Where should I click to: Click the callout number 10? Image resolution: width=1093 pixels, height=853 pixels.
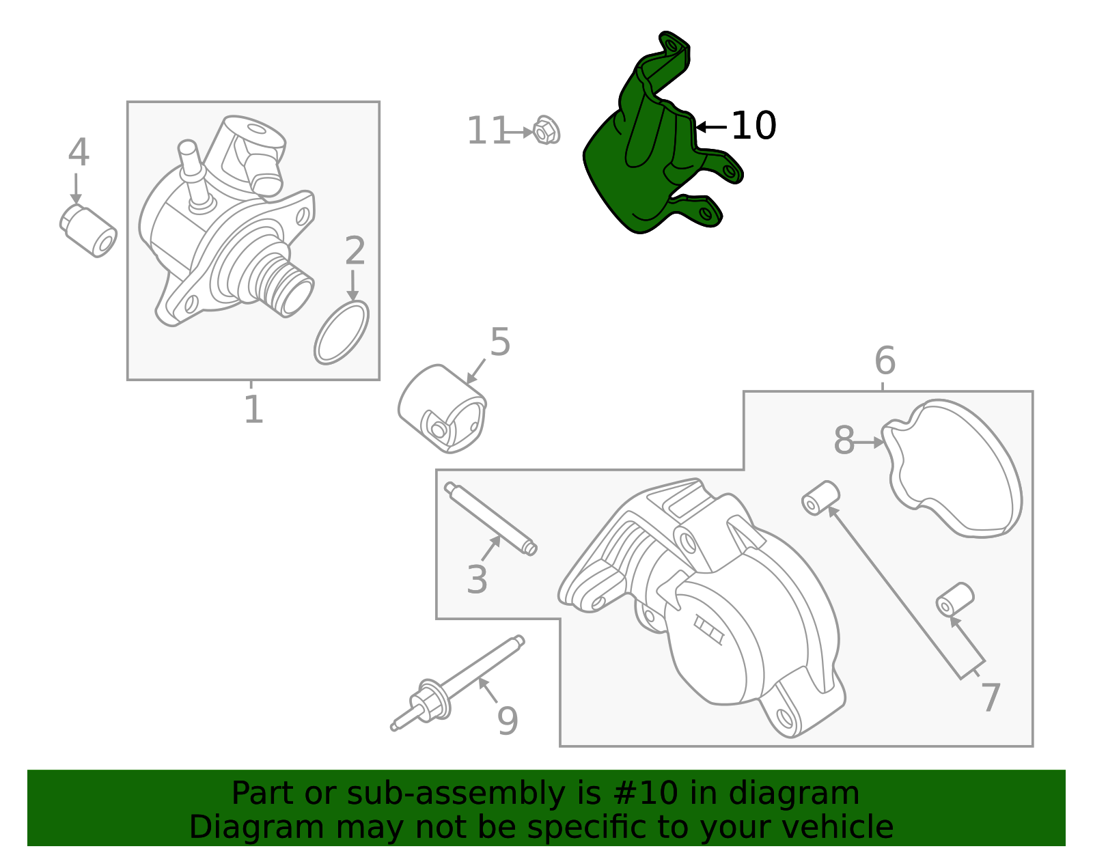pyautogui.click(x=753, y=125)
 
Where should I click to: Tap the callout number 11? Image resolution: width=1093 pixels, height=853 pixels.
pyautogui.click(x=488, y=130)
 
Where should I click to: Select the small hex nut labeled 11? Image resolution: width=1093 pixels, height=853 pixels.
pyautogui.click(x=546, y=130)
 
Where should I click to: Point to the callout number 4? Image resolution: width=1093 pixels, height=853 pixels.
pyautogui.click(x=79, y=152)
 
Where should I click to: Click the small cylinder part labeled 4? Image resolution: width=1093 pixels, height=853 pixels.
pyautogui.click(x=89, y=231)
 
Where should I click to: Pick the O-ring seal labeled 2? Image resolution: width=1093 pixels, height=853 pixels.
pyautogui.click(x=342, y=333)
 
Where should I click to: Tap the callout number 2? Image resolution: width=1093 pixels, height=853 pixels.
pyautogui.click(x=355, y=251)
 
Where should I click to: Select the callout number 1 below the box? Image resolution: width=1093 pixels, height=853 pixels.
pyautogui.click(x=253, y=409)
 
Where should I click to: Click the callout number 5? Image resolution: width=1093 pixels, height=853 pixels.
pyautogui.click(x=500, y=341)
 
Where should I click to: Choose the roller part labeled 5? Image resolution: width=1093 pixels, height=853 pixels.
pyautogui.click(x=443, y=408)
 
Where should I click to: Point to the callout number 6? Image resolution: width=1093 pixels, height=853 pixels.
pyautogui.click(x=885, y=361)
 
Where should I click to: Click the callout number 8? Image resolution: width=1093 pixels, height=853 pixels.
pyautogui.click(x=844, y=441)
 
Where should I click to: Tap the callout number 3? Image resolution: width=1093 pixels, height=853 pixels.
pyautogui.click(x=477, y=580)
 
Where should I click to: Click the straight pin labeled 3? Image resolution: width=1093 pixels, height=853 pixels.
pyautogui.click(x=491, y=519)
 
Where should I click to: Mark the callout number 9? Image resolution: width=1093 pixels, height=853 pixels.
pyautogui.click(x=507, y=721)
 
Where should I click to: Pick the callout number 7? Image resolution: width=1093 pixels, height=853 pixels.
pyautogui.click(x=991, y=698)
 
